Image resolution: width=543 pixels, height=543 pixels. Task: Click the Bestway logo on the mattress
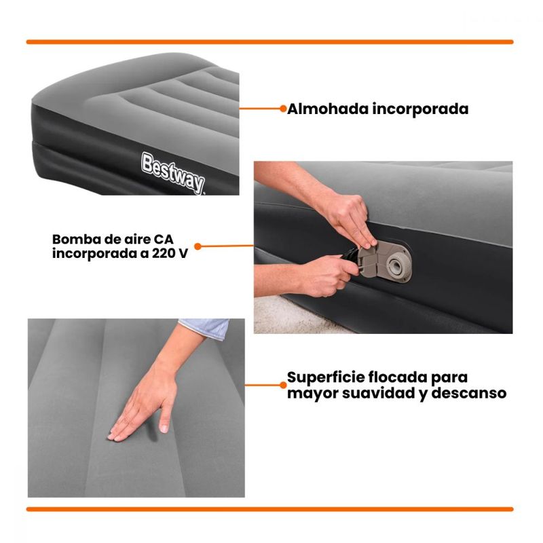click(x=173, y=173)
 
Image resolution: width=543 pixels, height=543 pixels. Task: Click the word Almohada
click(x=328, y=109)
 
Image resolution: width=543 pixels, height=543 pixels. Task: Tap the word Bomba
click(x=72, y=240)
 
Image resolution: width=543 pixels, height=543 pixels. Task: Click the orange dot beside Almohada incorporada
click(x=283, y=109)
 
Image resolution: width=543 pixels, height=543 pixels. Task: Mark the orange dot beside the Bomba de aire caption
click(x=198, y=246)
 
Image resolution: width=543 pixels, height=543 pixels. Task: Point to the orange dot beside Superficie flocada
click(x=283, y=385)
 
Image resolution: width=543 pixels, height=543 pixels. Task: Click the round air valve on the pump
click(x=396, y=265)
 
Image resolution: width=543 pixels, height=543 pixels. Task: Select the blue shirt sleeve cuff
click(x=205, y=328)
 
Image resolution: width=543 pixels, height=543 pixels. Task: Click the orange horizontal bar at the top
click(x=269, y=42)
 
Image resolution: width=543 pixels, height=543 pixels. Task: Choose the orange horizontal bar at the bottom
click(x=269, y=509)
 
